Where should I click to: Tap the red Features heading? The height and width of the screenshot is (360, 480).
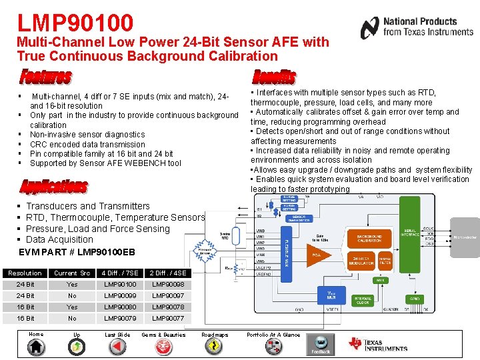tap(45, 77)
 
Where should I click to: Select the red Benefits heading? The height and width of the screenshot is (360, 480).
tap(274, 77)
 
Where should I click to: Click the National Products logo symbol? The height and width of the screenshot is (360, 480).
tap(370, 28)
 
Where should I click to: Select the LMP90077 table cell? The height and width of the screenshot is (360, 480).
tap(168, 319)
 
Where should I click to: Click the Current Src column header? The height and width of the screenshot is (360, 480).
tap(72, 273)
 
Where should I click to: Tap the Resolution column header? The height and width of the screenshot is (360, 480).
tap(25, 273)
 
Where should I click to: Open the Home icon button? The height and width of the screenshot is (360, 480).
tap(37, 347)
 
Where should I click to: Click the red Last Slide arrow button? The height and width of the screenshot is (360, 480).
tap(118, 347)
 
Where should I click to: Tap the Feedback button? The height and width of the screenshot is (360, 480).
tap(321, 346)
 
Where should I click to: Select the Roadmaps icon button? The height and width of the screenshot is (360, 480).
tap(214, 347)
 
